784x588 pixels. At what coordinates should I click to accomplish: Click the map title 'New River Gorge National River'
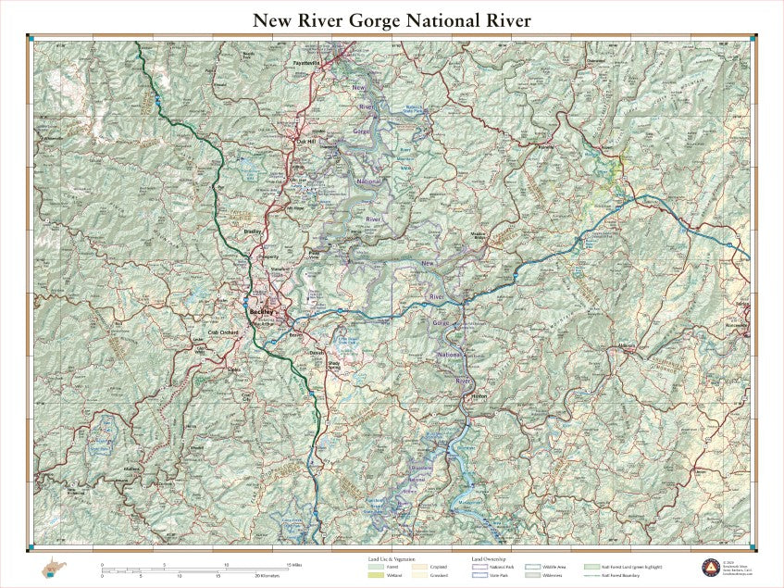pos(392,19)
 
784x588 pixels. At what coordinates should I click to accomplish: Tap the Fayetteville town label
pos(305,63)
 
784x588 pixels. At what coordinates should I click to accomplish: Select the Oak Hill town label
pos(305,141)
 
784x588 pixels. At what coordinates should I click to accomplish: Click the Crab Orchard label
pos(224,332)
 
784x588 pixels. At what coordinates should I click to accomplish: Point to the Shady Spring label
pos(334,365)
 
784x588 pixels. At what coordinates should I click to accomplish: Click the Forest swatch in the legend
pos(376,566)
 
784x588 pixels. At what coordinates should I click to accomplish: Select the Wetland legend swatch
pos(376,575)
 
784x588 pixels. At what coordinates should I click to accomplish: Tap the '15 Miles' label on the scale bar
pos(294,564)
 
